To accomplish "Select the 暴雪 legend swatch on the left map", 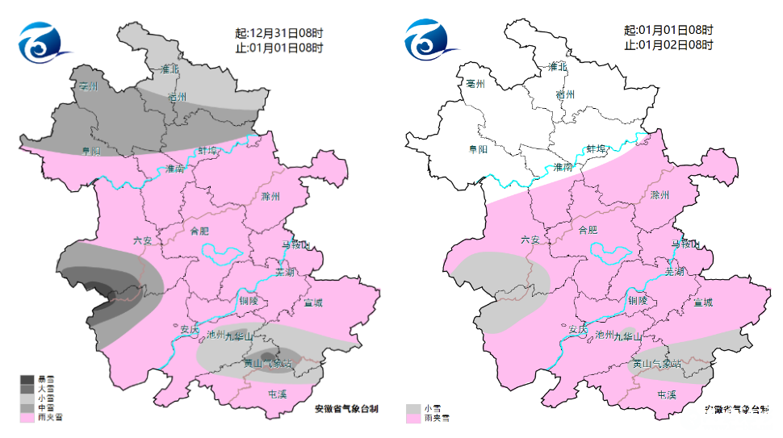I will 27,379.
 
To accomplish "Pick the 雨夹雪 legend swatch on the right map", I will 414,418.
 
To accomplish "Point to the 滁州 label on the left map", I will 270,197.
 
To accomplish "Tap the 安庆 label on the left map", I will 189,329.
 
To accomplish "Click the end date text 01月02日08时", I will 676,45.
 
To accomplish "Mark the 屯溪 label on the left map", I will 277,394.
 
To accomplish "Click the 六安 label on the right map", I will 530,240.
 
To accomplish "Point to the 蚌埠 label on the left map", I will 208,150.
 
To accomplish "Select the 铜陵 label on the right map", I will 638,300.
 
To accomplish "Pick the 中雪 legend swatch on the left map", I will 27,407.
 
